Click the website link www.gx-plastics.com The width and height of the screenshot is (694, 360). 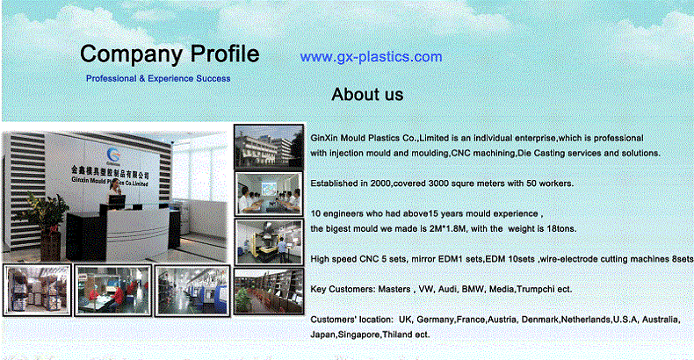click(x=371, y=57)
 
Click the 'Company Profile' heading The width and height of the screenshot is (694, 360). click(x=170, y=54)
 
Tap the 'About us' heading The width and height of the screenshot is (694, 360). click(x=367, y=94)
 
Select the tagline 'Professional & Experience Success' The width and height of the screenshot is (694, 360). click(x=158, y=78)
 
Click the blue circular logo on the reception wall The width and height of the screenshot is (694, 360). click(x=113, y=155)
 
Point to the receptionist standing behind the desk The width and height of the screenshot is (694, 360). click(x=114, y=191)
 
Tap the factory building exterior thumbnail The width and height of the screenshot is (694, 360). click(x=269, y=146)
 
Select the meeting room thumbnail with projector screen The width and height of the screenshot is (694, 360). click(x=269, y=193)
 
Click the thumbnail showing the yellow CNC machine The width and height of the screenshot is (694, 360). click(x=269, y=242)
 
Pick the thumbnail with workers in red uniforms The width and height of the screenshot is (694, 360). click(x=112, y=290)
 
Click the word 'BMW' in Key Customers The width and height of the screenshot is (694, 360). click(x=473, y=289)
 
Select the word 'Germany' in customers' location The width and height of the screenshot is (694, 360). click(x=435, y=320)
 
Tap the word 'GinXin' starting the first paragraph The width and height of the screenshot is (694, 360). click(x=324, y=138)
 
